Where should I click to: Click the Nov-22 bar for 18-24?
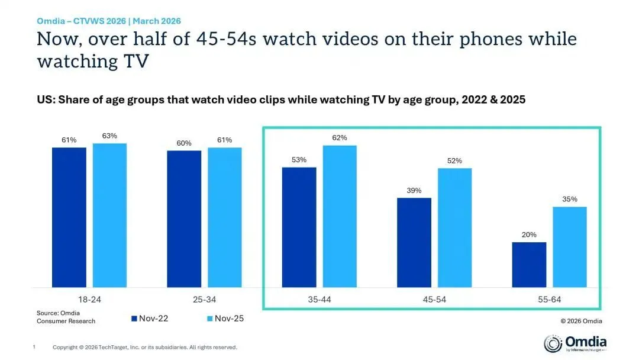(x=69, y=217)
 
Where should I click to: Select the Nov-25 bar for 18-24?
(x=109, y=216)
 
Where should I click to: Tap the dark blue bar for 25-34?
(x=184, y=218)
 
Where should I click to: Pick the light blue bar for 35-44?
(x=340, y=216)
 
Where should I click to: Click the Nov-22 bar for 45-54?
(x=414, y=242)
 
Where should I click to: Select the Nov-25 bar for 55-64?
(x=570, y=247)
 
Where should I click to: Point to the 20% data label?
(x=529, y=235)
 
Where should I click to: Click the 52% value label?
(x=454, y=161)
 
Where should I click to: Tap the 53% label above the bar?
(x=299, y=160)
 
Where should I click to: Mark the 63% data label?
(x=109, y=136)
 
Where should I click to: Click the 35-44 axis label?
(x=319, y=300)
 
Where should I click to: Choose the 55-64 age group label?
(x=549, y=300)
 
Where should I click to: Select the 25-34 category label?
(x=204, y=300)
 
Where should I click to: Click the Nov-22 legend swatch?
(x=134, y=319)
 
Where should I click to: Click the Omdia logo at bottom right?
(x=575, y=343)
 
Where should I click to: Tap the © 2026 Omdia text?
(x=581, y=321)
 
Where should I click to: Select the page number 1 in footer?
(x=34, y=347)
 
